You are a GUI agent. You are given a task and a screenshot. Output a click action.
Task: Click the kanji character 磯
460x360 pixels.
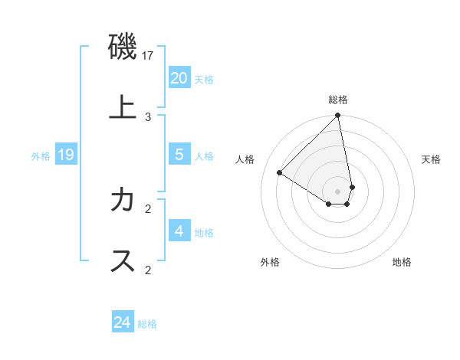point(123,48)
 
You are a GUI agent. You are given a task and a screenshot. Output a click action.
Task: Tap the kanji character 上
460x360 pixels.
point(123,107)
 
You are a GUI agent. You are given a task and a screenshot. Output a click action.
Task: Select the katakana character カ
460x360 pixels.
point(123,200)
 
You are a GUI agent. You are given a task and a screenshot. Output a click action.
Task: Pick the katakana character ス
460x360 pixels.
point(123,260)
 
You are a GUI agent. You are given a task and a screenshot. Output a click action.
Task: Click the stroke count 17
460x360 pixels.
point(149,57)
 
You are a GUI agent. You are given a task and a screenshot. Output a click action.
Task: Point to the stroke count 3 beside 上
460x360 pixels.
point(148,116)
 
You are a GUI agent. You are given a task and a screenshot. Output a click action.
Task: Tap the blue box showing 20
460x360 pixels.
point(179,78)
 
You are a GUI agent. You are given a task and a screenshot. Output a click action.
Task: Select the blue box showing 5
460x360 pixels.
point(179,155)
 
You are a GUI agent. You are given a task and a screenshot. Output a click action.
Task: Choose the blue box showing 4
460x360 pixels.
point(179,231)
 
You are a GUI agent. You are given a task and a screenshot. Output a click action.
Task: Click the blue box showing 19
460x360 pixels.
point(66,155)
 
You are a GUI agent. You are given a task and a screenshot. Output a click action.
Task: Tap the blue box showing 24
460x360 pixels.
point(123,322)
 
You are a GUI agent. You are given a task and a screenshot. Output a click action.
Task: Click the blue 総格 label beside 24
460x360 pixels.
point(147,324)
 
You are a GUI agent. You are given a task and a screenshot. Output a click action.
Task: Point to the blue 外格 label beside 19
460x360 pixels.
point(41,156)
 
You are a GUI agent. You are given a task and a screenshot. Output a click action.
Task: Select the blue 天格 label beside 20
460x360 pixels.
point(204,80)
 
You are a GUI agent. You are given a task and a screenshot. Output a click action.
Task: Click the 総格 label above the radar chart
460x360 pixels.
point(338,100)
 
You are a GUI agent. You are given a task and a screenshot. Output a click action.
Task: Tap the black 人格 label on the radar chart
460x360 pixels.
point(245,159)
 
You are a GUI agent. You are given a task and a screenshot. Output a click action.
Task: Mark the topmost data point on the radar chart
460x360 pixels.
point(338,116)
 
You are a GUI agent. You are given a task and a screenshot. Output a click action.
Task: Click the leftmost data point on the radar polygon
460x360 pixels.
point(280,173)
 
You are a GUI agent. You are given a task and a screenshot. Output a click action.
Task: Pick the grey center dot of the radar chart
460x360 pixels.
point(337,191)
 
